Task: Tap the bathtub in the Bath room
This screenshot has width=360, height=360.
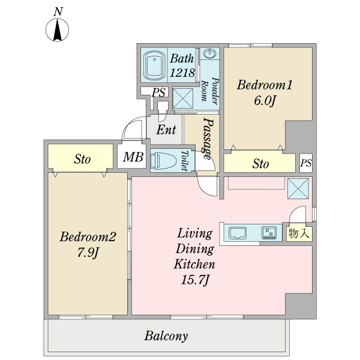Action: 154,65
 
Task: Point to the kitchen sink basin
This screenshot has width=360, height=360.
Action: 236,232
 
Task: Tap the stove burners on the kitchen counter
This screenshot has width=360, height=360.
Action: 268,232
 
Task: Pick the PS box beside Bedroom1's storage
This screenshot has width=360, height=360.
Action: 305,163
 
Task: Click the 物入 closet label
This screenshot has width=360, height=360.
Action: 299,233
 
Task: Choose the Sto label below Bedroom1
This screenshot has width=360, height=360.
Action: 260,163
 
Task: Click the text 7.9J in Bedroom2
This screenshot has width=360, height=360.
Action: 87,251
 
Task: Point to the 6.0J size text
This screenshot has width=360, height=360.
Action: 264,101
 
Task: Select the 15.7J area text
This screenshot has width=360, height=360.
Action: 196,279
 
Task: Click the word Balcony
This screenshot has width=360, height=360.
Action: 166,336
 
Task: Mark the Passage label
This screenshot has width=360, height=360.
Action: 208,139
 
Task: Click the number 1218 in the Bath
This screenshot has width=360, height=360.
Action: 182,73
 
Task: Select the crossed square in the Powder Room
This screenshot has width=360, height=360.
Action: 183,98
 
